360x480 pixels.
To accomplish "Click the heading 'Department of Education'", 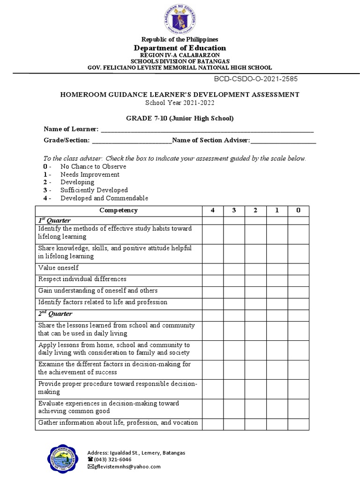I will click(180, 48).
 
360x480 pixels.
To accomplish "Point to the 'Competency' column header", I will click(119, 210).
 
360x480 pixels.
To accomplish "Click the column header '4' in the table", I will click(213, 210).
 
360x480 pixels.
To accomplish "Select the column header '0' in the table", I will click(298, 210).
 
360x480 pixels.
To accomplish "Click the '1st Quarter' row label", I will click(54, 220).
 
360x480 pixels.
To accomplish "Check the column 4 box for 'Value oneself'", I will click(213, 268).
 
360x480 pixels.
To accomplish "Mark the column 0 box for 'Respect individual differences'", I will click(298, 279).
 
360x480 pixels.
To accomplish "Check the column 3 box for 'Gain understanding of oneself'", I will click(234, 291).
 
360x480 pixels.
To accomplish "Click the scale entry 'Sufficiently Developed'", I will click(94, 190).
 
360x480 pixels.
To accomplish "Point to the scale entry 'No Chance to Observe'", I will click(93, 166).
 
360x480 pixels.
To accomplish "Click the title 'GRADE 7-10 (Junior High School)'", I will click(180, 118).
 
